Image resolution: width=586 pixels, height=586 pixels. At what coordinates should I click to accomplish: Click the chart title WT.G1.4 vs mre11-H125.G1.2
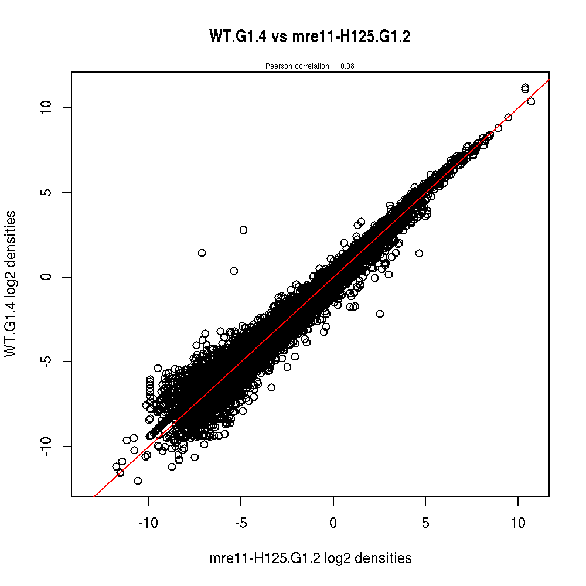tap(309, 37)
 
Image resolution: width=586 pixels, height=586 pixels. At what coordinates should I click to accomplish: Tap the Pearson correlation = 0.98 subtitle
tap(309, 66)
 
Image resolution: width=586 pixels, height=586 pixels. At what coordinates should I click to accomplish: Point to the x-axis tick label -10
tap(148, 523)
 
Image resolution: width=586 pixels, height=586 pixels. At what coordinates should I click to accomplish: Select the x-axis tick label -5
tap(241, 523)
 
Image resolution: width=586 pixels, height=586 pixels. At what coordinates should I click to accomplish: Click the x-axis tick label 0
tap(333, 523)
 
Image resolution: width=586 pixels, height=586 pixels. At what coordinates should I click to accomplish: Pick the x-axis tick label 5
tap(426, 523)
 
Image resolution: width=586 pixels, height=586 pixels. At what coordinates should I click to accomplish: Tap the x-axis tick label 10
tap(519, 523)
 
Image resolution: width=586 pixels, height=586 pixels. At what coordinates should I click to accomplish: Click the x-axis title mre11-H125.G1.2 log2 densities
tap(310, 558)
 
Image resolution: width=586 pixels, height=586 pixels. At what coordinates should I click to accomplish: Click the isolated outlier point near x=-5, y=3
tap(243, 230)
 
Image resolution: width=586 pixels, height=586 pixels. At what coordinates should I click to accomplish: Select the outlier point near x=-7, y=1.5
tap(202, 253)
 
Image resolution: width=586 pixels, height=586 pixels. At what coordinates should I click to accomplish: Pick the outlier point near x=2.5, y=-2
tap(380, 314)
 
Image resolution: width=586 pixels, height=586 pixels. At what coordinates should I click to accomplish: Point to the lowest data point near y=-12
tap(138, 481)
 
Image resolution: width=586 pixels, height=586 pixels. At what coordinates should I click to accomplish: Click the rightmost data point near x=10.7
tap(531, 101)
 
